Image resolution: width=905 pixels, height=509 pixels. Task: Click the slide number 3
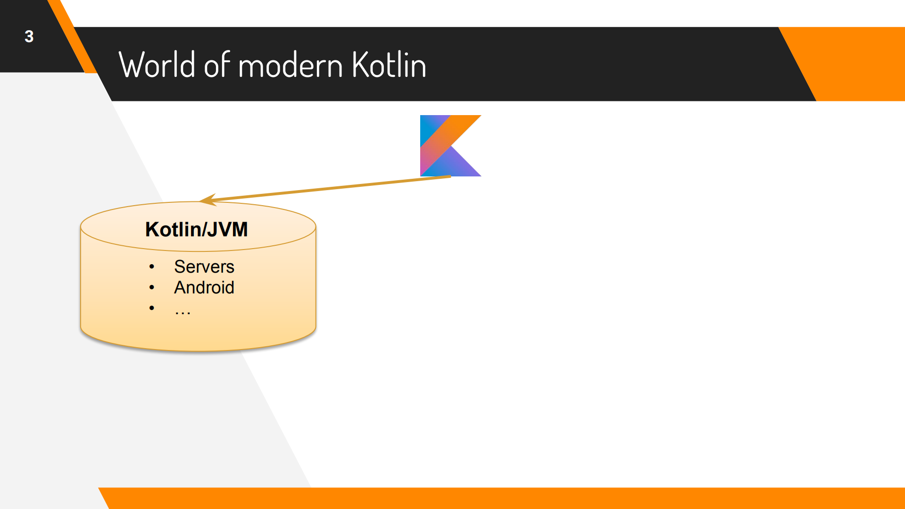pos(29,36)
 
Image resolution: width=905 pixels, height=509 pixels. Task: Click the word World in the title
pos(157,65)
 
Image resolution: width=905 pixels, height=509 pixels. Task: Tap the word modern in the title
pos(291,65)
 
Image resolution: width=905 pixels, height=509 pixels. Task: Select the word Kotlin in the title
pos(389,65)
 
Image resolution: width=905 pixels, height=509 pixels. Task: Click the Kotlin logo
pos(450,146)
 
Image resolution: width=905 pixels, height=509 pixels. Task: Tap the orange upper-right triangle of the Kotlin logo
pos(465,124)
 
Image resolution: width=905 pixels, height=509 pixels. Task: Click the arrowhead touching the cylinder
pos(208,200)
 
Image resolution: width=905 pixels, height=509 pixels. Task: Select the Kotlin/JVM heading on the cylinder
pos(197,230)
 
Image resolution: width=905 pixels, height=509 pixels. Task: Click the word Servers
pos(204,267)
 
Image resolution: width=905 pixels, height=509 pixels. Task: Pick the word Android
pos(204,288)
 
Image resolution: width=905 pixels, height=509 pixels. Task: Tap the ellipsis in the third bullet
pos(183,311)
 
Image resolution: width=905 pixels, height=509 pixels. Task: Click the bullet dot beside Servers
pos(151,267)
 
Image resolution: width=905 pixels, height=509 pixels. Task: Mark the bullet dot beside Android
pos(151,287)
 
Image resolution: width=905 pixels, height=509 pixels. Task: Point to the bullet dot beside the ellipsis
pos(151,308)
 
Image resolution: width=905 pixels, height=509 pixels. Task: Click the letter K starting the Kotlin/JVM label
pos(152,230)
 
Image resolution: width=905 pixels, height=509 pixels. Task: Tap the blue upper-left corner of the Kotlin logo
pos(427,124)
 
